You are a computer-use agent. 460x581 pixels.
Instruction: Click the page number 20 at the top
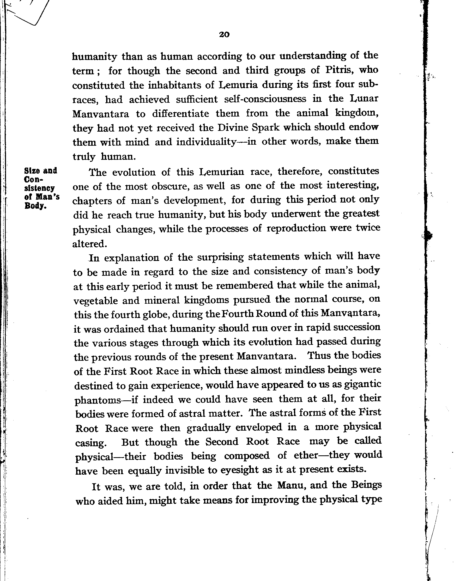pyautogui.click(x=224, y=34)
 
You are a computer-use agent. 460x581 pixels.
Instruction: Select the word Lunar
pyautogui.click(x=364, y=99)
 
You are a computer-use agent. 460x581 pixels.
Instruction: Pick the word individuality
pyautogui.click(x=206, y=142)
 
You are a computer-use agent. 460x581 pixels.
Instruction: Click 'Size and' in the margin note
pyautogui.click(x=40, y=171)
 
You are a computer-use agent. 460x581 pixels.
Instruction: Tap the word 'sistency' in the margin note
pyautogui.click(x=39, y=188)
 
